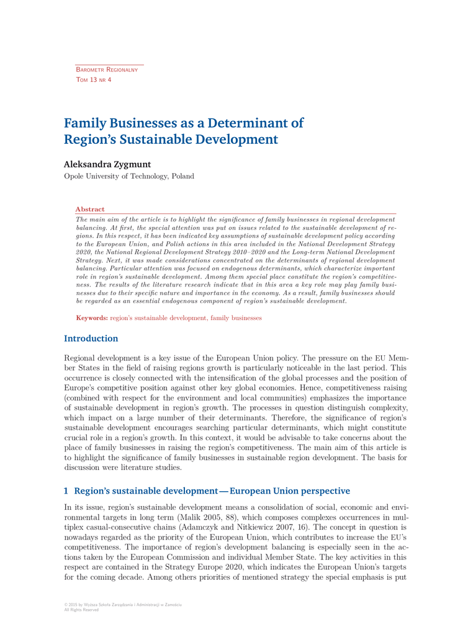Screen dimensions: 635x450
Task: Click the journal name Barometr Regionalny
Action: click(x=106, y=70)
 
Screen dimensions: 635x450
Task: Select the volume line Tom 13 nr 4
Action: click(x=93, y=81)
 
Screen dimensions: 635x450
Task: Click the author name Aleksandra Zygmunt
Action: click(x=107, y=164)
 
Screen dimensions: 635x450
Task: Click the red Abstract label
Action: click(x=89, y=210)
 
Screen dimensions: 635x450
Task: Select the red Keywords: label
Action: click(x=92, y=318)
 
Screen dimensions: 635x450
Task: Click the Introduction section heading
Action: click(x=91, y=339)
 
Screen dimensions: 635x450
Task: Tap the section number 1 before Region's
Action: click(x=66, y=491)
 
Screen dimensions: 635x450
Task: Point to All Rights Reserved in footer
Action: click(x=81, y=610)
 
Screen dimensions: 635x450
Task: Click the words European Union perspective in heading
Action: click(x=290, y=491)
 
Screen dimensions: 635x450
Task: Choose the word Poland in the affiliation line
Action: click(x=182, y=176)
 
